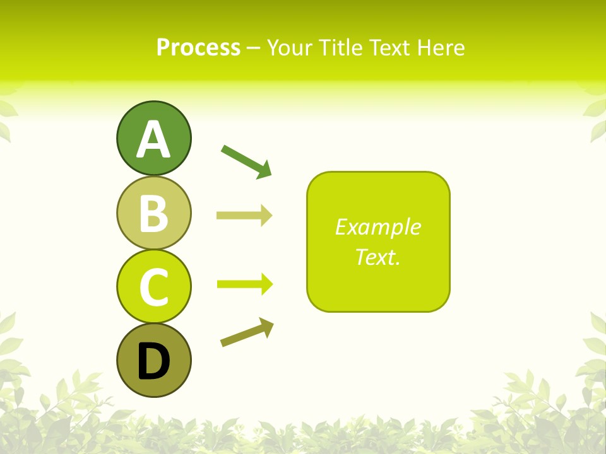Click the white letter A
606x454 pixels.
pos(153,140)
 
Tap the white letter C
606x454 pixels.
pos(153,287)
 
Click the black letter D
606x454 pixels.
pos(153,361)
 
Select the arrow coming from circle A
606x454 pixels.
pos(245,160)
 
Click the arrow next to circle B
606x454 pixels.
pos(244,216)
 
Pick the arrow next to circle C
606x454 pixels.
pos(244,284)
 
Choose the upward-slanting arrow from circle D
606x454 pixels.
pos(246,332)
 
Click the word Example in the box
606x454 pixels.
pos(377,227)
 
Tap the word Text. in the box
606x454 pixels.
pos(377,257)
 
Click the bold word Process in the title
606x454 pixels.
pos(198,48)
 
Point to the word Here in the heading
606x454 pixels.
pos(442,48)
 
